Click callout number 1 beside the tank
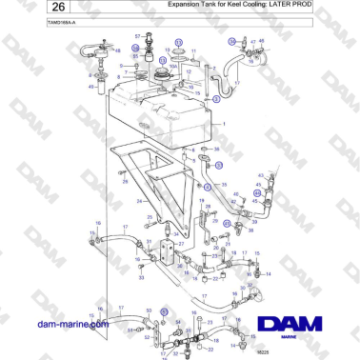pos(224,125)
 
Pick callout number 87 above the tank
pos(137,35)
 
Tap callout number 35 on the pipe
pos(224,184)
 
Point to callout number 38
pos(217,150)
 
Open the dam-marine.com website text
pos(73,324)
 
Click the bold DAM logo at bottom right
pos(302,325)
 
